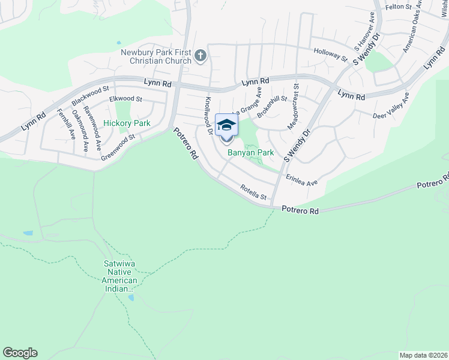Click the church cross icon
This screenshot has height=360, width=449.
pos(200,57)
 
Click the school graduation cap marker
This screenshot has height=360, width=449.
pos(226,125)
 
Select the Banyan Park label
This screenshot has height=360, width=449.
pos(250,153)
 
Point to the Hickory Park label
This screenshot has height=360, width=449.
pos(127,123)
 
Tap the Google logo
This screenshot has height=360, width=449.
pos(20,353)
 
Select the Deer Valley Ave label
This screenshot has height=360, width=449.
pos(391,107)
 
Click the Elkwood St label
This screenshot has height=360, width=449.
pos(125,99)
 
